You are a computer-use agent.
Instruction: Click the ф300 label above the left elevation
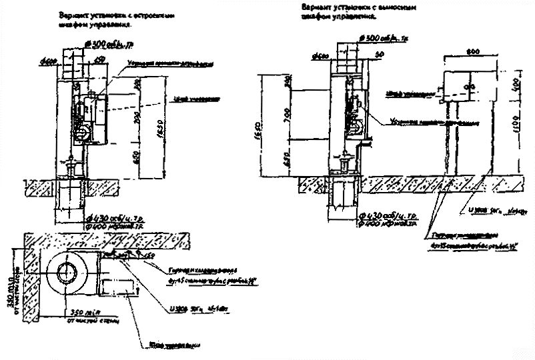coord(107,44)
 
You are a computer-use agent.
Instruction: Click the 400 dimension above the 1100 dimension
coord(518,83)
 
